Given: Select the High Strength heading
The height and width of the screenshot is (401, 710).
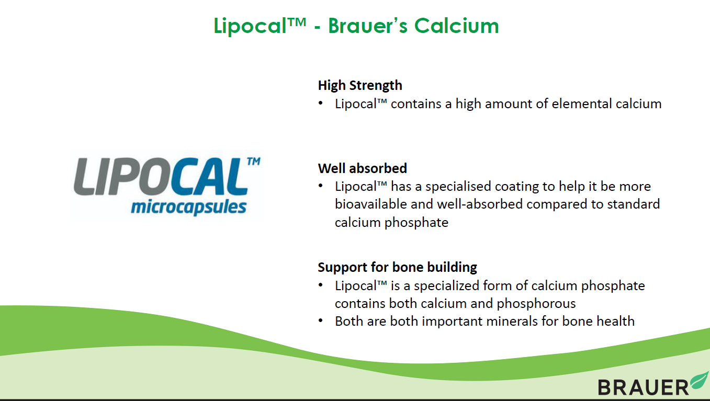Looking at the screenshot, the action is click(360, 86).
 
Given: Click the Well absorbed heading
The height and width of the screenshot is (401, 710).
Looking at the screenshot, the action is click(362, 168).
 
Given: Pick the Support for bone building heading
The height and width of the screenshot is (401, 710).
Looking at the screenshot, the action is click(398, 267).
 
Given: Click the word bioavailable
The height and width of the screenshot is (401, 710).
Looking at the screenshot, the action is click(371, 204).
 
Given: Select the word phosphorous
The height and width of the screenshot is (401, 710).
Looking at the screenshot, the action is click(536, 304).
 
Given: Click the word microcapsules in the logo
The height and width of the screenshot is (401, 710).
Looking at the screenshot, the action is click(188, 208).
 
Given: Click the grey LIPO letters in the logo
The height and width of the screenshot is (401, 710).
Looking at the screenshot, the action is click(122, 176).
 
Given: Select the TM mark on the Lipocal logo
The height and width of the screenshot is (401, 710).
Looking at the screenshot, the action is click(254, 161).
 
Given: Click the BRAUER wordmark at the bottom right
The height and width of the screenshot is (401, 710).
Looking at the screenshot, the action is click(643, 387).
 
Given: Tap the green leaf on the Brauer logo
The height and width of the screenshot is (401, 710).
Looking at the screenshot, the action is click(700, 381).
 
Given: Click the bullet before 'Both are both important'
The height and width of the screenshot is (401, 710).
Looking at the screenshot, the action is click(321, 321).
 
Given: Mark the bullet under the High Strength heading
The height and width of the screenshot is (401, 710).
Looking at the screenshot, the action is click(321, 103).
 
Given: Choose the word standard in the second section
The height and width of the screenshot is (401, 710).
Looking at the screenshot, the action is click(633, 204).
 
